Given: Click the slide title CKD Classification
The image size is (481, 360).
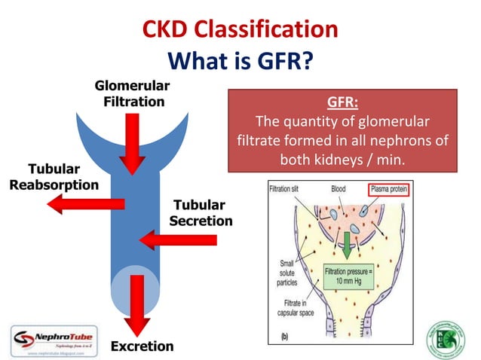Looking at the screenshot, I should point(240,29).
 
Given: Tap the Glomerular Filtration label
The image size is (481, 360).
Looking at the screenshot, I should point(132,93).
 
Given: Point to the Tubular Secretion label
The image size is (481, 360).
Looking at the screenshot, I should point(201,212).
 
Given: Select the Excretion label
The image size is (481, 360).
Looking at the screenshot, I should point(142,346).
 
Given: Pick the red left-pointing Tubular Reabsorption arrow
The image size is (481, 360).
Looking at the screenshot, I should point(83,203).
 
